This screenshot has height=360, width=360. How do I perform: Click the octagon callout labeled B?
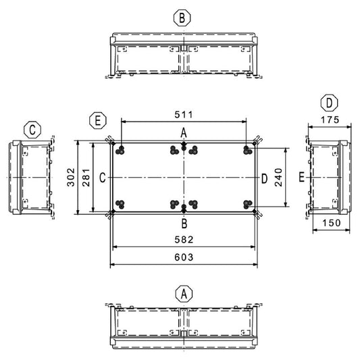click(x=182, y=18)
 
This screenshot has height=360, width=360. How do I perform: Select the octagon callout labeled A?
click(x=184, y=294)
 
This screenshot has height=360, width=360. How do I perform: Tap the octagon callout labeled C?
click(x=32, y=130)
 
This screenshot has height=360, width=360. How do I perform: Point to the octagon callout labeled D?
click(x=329, y=103)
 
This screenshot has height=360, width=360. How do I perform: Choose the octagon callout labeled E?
click(x=98, y=120)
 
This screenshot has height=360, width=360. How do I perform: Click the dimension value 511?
click(x=184, y=114)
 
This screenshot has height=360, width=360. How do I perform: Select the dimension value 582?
click(x=184, y=240)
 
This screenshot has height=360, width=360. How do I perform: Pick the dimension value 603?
click(x=184, y=257)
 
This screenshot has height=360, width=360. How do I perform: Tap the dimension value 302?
click(x=71, y=177)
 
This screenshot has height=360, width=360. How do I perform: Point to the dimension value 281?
click(x=86, y=177)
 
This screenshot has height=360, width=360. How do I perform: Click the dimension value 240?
click(x=278, y=177)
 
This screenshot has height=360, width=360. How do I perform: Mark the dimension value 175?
click(x=330, y=120)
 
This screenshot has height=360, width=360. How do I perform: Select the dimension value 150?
click(x=332, y=223)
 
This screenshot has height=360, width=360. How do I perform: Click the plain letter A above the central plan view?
click(x=184, y=133)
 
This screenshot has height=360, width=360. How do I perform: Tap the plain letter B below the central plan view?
click(x=184, y=224)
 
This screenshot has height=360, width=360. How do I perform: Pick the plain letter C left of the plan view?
click(x=103, y=178)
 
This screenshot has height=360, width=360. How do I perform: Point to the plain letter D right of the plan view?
click(x=265, y=178)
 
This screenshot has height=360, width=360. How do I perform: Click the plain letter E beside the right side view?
click(x=301, y=178)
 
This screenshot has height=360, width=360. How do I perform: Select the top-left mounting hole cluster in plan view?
click(x=120, y=150)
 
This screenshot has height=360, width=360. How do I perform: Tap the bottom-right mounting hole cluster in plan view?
click(x=247, y=205)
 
